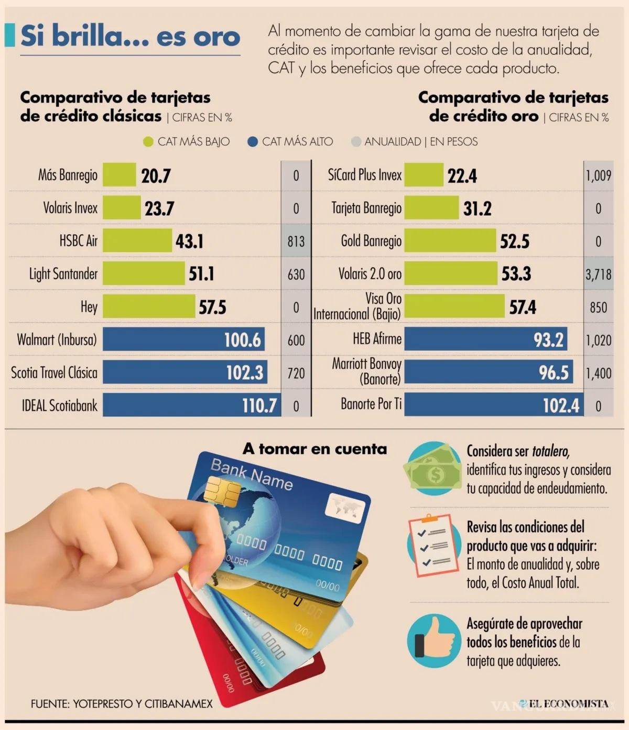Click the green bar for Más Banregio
[x=119, y=175]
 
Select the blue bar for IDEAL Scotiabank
[x=191, y=405]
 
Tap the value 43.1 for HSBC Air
[x=189, y=241]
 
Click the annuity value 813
[x=296, y=241]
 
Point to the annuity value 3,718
[x=598, y=274]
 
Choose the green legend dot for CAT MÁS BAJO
[x=148, y=142]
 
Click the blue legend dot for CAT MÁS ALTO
[x=253, y=142]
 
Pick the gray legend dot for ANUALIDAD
[x=356, y=142]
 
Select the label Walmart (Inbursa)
[x=57, y=340]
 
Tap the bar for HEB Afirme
[x=485, y=340]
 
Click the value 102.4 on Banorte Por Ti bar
[x=561, y=405]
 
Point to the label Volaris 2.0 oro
[x=370, y=274]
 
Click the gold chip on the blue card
[x=221, y=490]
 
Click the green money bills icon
[x=432, y=469]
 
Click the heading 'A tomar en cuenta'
[x=314, y=449]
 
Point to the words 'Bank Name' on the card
[x=251, y=474]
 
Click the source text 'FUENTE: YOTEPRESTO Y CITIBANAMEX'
[x=122, y=704]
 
